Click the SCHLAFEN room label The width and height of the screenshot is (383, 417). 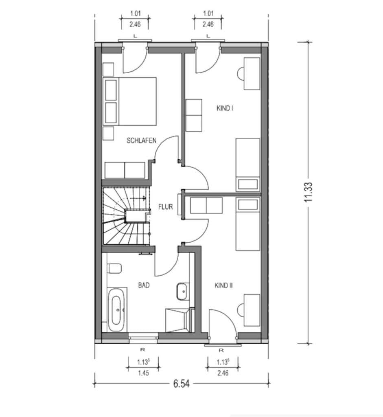141,140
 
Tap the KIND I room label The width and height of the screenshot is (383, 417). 225,108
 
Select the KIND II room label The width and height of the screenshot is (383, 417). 223,285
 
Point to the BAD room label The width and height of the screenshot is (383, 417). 144,285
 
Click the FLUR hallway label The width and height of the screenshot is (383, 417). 166,206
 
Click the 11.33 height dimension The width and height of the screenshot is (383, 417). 309,192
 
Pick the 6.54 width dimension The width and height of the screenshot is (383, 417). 182,384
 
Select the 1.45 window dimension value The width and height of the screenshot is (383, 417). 143,373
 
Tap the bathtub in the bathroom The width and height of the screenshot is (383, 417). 117,310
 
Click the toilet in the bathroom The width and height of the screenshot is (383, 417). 114,268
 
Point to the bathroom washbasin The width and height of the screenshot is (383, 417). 182,292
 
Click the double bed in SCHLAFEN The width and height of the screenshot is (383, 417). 129,101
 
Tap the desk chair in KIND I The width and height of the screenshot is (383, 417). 240,73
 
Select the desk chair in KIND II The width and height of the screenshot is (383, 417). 240,310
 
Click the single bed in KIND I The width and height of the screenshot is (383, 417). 248,165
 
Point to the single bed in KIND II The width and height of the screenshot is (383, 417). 248,224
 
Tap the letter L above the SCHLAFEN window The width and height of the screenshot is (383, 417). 135,36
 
